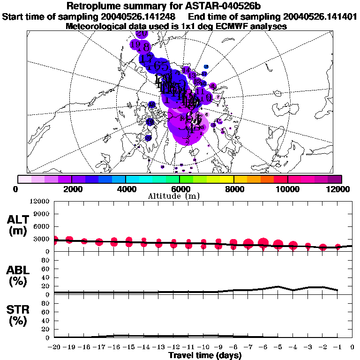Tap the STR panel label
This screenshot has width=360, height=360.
[18, 315]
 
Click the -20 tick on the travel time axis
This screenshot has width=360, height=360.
[54, 347]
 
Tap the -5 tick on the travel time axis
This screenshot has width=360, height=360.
[278, 347]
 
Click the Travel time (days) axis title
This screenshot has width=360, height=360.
[205, 355]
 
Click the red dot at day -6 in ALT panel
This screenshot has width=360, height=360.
[263, 243]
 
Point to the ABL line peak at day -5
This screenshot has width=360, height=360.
[278, 286]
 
